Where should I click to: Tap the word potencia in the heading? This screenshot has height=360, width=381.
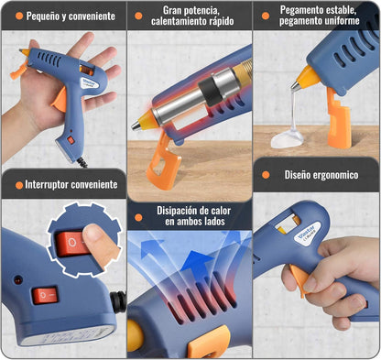[204, 10]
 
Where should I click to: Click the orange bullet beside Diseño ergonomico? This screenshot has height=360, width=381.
[266, 175]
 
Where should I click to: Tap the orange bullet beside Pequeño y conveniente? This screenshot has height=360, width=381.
[19, 16]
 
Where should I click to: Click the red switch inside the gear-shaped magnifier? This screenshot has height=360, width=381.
[71, 243]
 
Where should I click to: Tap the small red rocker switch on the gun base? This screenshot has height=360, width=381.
[45, 295]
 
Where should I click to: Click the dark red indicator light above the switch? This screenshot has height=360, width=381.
[17, 279]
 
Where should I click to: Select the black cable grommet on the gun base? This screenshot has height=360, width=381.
[118, 301]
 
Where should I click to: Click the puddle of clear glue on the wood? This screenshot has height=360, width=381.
[287, 140]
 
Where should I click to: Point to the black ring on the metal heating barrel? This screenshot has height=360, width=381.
[210, 92]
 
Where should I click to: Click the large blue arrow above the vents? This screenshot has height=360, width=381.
[196, 260]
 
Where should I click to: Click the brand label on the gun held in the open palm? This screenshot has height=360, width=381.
[89, 83]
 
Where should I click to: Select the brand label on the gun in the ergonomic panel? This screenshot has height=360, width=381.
[308, 233]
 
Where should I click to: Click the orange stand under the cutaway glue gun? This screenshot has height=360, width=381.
[163, 162]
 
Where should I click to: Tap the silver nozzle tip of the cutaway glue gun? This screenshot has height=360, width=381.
[136, 125]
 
